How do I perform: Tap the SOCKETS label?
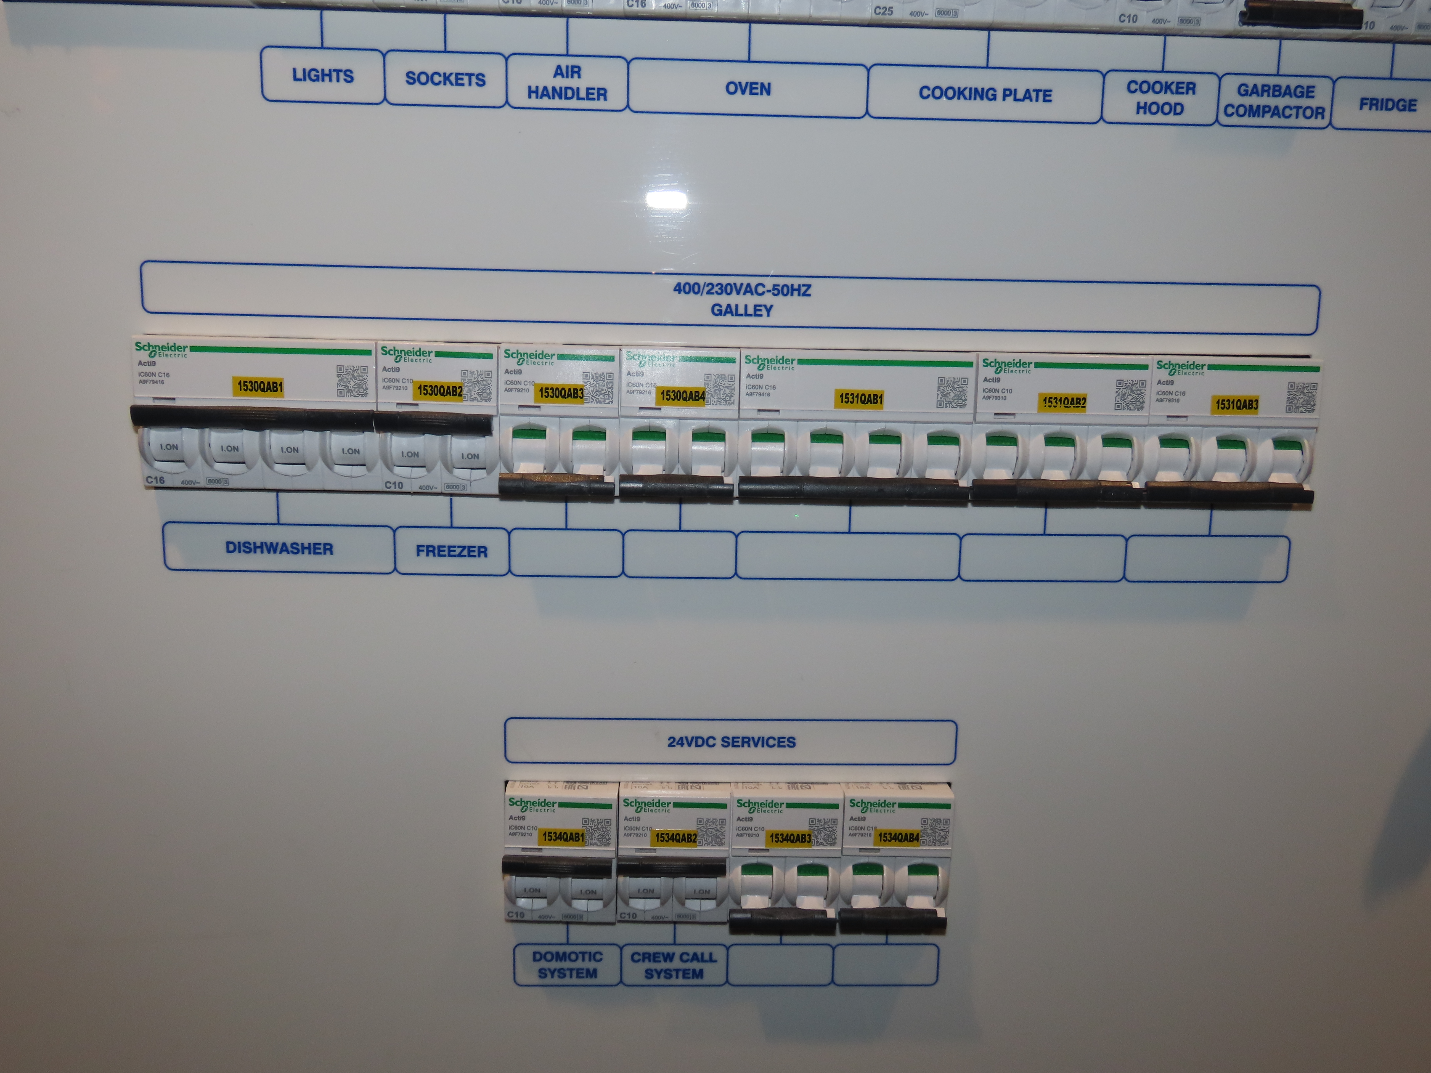445,79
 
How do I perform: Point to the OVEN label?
748,89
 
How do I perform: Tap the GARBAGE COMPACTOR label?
1274,102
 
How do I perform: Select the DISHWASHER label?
279,548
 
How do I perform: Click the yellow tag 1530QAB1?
259,387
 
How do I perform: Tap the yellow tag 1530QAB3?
561,393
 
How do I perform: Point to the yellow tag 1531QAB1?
860,399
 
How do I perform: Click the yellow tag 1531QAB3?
1236,405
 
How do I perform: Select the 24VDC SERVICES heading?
731,742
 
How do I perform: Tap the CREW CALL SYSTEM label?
674,965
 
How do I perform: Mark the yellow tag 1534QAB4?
898,838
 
